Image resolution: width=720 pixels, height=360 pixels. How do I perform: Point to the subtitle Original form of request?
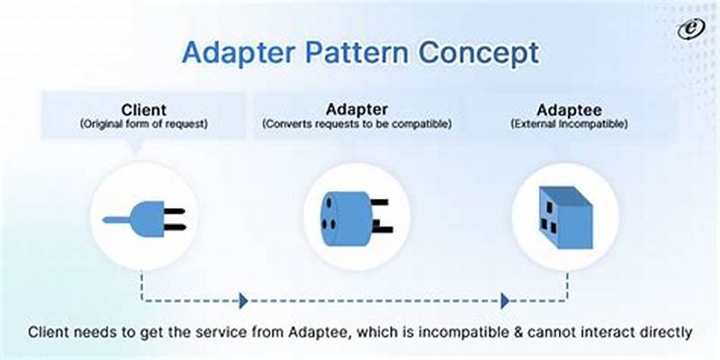click(144, 123)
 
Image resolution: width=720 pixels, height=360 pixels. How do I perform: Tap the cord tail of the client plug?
click(117, 219)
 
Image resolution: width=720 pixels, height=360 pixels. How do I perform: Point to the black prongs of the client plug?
click(174, 217)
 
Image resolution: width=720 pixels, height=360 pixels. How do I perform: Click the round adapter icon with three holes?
click(346, 216)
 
